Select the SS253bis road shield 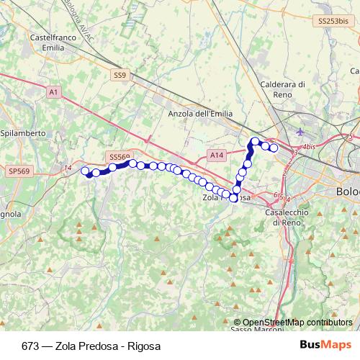(333, 22)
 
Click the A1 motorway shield (53, 92)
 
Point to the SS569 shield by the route (120, 156)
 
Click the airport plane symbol (300, 132)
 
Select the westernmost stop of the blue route (85, 171)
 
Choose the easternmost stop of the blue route (274, 148)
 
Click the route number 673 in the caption (30, 345)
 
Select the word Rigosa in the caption (143, 345)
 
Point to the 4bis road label (310, 147)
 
